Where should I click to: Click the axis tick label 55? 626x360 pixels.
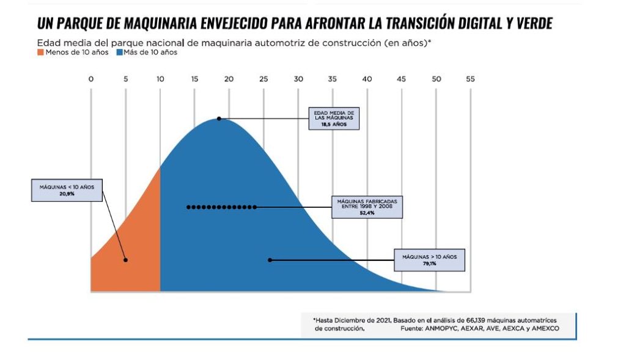(x=469, y=79)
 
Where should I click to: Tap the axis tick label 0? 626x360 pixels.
(x=91, y=79)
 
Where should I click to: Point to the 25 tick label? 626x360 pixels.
(x=263, y=79)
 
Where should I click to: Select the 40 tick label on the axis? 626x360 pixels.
(x=367, y=79)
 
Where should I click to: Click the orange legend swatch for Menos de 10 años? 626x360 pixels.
(x=40, y=53)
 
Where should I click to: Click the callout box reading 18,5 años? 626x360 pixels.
(x=333, y=119)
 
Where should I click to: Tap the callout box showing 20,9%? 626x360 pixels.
(x=67, y=189)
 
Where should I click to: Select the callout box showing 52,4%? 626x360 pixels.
(x=367, y=207)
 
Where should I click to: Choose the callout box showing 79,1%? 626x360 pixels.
(x=429, y=260)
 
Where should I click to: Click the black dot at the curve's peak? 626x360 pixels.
(x=219, y=119)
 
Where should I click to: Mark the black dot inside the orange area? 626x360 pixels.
(x=125, y=260)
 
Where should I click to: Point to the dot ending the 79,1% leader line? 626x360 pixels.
(x=270, y=260)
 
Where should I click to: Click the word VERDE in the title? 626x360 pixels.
(x=532, y=24)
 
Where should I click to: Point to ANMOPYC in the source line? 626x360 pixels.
(x=449, y=329)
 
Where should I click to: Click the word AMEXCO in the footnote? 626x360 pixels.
(x=543, y=329)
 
